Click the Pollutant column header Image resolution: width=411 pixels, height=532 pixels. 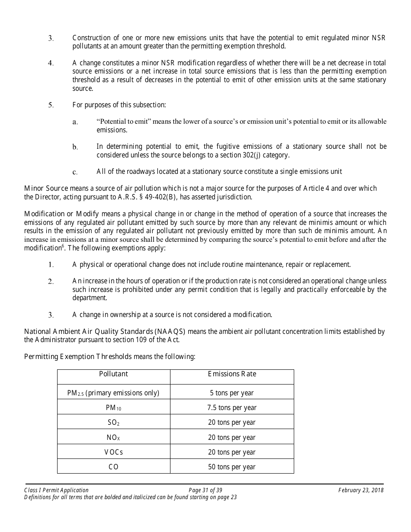click(x=113, y=374)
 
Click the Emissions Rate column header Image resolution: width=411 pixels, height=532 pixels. click(x=232, y=374)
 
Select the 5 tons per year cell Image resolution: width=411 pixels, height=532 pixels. click(x=232, y=393)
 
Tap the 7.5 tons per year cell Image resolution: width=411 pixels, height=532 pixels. click(x=232, y=407)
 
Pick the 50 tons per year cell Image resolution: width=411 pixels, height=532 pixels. click(x=232, y=467)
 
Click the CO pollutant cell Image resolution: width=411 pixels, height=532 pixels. click(x=113, y=467)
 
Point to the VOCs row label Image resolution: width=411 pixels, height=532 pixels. click(x=113, y=452)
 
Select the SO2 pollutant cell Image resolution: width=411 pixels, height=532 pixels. click(x=113, y=423)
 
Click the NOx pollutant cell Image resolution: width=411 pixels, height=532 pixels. click(x=113, y=437)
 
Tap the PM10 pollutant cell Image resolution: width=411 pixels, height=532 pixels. click(x=113, y=407)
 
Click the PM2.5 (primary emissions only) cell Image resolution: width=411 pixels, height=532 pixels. click(x=113, y=393)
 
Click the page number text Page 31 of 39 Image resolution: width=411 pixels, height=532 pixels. click(x=205, y=490)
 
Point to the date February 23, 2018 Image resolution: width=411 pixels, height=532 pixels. click(x=361, y=490)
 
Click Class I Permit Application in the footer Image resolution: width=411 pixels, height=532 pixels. click(x=56, y=490)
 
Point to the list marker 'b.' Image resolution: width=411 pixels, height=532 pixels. click(x=75, y=147)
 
